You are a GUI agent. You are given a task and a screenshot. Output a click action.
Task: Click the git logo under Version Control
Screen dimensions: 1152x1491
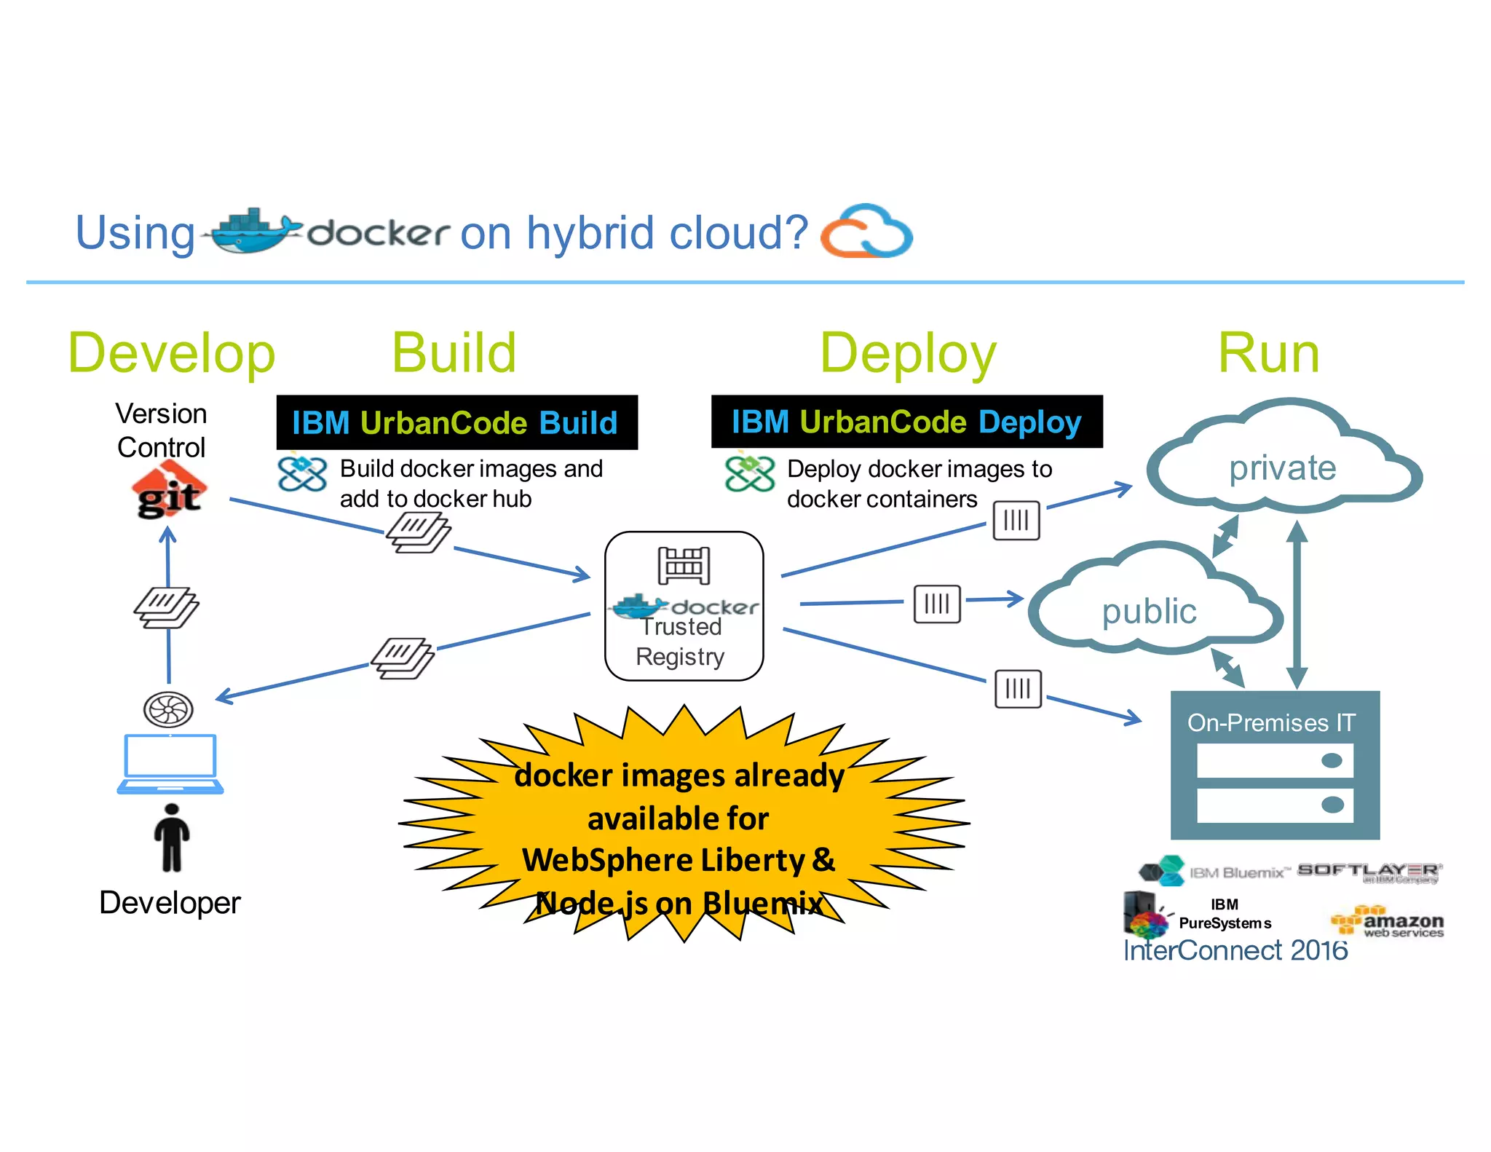tap(169, 492)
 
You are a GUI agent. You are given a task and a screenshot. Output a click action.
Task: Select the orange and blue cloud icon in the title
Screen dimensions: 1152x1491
tap(866, 232)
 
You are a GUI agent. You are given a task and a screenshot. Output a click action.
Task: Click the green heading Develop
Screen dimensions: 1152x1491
tap(172, 354)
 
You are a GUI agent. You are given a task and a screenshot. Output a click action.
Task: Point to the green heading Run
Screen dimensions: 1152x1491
tap(1268, 354)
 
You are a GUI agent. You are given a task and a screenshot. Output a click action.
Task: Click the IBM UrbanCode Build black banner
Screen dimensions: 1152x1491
tap(456, 422)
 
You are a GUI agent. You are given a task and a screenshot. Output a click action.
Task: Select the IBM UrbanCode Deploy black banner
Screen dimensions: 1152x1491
tap(906, 422)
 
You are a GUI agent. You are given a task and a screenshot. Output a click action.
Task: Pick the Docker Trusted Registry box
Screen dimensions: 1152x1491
tap(684, 606)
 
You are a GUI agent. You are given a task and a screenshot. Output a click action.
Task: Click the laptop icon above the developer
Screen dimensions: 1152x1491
tap(170, 763)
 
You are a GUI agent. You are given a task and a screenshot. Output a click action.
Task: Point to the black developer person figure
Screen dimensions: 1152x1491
tap(172, 837)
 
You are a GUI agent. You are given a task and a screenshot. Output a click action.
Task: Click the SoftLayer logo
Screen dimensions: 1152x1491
tap(1369, 872)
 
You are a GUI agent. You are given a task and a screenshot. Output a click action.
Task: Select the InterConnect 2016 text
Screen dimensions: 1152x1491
tap(1235, 951)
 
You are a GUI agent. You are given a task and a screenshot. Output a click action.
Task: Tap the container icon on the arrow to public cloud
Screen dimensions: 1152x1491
tap(937, 604)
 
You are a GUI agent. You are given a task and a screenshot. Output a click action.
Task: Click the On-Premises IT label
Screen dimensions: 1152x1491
tap(1271, 722)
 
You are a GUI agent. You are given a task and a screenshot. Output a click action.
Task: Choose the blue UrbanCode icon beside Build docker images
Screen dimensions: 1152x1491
tap(302, 473)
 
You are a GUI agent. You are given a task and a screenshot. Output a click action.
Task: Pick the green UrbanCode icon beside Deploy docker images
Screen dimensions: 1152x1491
tap(749, 473)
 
